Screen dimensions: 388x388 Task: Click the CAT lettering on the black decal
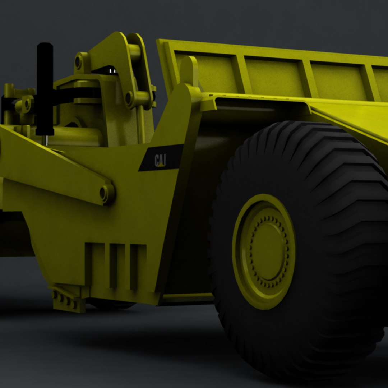pos(160,158)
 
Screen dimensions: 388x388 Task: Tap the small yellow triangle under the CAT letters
pos(161,165)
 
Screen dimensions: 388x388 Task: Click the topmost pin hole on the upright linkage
pos(79,62)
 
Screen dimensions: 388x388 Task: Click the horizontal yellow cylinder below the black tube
pos(72,135)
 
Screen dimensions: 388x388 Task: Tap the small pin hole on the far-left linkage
pos(27,104)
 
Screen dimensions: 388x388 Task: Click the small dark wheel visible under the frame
pos(111,305)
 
